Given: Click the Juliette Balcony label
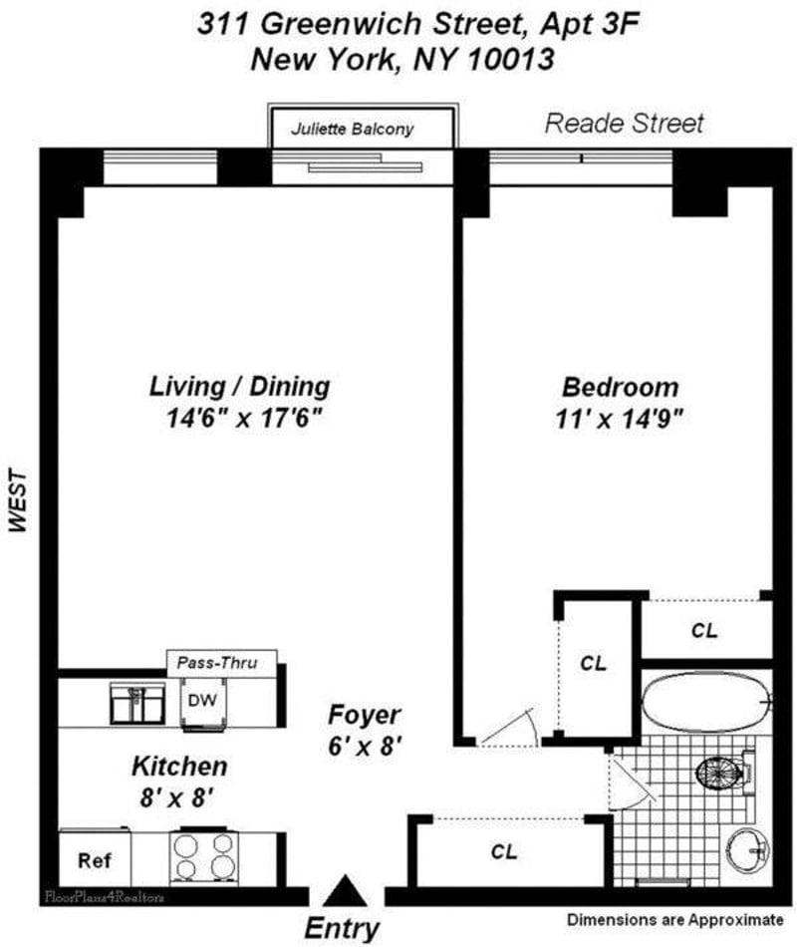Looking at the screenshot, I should [x=352, y=129].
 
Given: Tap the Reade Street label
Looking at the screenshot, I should [x=625, y=124].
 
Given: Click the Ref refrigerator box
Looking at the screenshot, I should [x=95, y=860].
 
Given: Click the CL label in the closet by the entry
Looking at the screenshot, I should [x=503, y=852].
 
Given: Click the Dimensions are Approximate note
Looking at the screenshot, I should [x=675, y=918].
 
